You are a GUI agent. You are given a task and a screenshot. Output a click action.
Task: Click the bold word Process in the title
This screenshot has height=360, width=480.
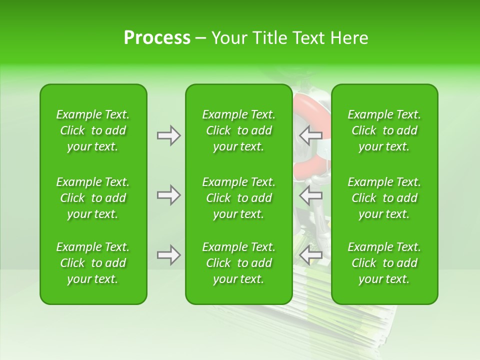tap(157, 38)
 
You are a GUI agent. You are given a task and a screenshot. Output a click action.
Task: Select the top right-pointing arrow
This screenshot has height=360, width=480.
tap(169, 135)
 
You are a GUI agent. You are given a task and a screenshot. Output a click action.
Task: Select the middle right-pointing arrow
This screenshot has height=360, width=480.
tap(169, 195)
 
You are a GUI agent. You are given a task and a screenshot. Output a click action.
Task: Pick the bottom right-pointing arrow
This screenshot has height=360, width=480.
tap(169, 255)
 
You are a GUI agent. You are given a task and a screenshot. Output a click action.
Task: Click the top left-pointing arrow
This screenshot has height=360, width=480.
tap(311, 135)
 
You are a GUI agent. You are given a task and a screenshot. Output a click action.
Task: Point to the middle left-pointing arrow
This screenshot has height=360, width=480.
tap(311, 195)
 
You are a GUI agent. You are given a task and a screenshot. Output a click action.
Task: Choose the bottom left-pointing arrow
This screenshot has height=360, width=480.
tap(311, 255)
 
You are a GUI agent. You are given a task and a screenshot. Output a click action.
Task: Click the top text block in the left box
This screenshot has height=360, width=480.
tap(93, 130)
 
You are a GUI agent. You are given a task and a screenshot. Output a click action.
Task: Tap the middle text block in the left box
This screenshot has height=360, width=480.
tap(93, 198)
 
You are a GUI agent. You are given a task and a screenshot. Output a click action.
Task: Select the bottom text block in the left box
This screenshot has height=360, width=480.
tap(93, 263)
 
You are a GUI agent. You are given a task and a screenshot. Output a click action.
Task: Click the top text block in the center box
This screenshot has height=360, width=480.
tap(238, 130)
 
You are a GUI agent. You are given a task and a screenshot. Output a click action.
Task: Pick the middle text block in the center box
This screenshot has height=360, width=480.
tap(238, 198)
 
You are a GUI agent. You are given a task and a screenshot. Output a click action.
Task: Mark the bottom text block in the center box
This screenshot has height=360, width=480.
tap(238, 263)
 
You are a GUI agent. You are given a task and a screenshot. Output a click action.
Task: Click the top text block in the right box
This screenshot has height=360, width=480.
tap(384, 130)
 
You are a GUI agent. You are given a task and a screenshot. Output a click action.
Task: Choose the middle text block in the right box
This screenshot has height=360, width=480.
tap(384, 198)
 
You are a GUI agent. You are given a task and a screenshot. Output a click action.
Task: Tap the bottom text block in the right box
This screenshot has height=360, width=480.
tap(384, 263)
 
